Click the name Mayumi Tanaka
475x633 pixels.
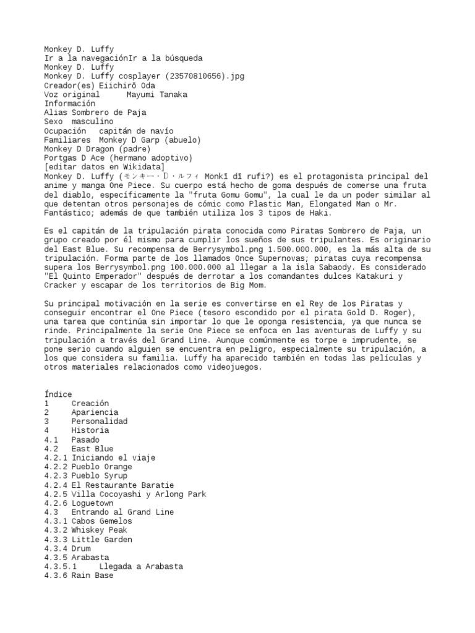coord(156,95)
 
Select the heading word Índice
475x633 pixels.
coord(58,394)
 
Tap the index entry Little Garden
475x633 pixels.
coord(101,540)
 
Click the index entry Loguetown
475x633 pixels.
coord(93,503)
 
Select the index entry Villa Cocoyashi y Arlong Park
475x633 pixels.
coord(139,494)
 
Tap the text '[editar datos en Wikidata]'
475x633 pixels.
coord(104,167)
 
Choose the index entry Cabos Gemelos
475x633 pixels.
coord(101,521)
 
